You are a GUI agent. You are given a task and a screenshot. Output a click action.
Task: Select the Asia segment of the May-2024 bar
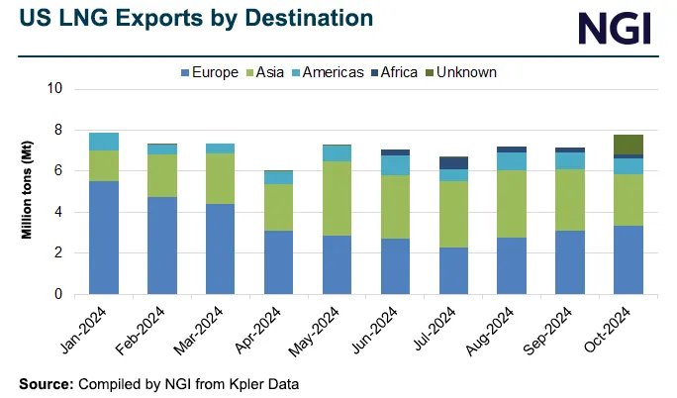tap(337, 198)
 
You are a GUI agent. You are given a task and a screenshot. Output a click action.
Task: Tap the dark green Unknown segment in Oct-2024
tap(628, 144)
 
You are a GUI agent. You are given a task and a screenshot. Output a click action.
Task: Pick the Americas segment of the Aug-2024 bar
tap(511, 161)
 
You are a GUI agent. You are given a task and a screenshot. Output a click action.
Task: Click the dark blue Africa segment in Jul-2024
tap(453, 162)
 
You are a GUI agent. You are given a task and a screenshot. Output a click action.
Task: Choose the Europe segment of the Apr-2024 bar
tap(278, 262)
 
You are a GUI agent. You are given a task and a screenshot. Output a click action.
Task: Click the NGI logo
tap(615, 27)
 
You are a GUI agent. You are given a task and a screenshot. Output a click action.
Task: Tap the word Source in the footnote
tap(46, 382)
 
